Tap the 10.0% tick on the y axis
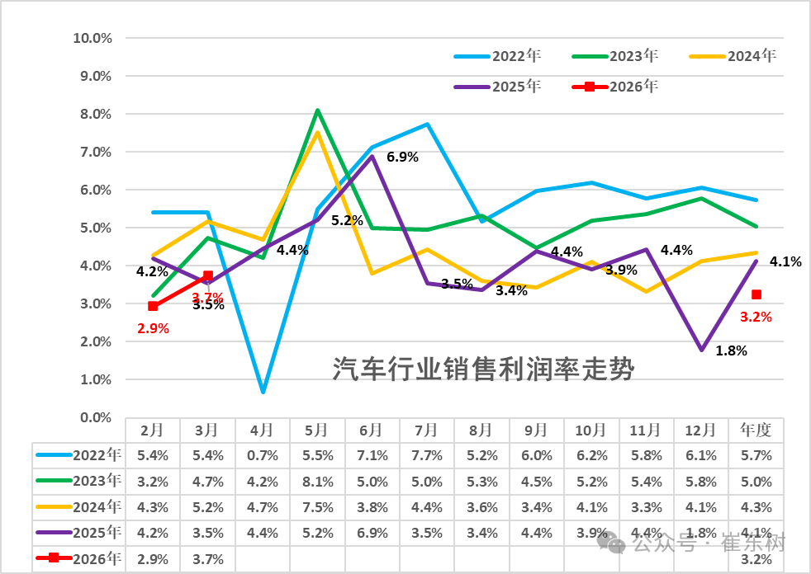pos(92,38)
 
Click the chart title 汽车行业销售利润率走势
pos(483,369)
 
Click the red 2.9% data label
pos(152,328)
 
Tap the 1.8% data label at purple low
pos(730,351)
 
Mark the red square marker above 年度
pos(756,294)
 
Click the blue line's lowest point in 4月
pos(262,392)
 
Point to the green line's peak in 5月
pos(317,110)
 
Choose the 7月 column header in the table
pos(426,430)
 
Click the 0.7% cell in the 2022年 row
pos(262,455)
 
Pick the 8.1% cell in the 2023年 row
pos(317,482)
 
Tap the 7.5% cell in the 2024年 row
pos(317,507)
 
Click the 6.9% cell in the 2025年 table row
pos(372,533)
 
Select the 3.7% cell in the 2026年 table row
pos(207,559)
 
